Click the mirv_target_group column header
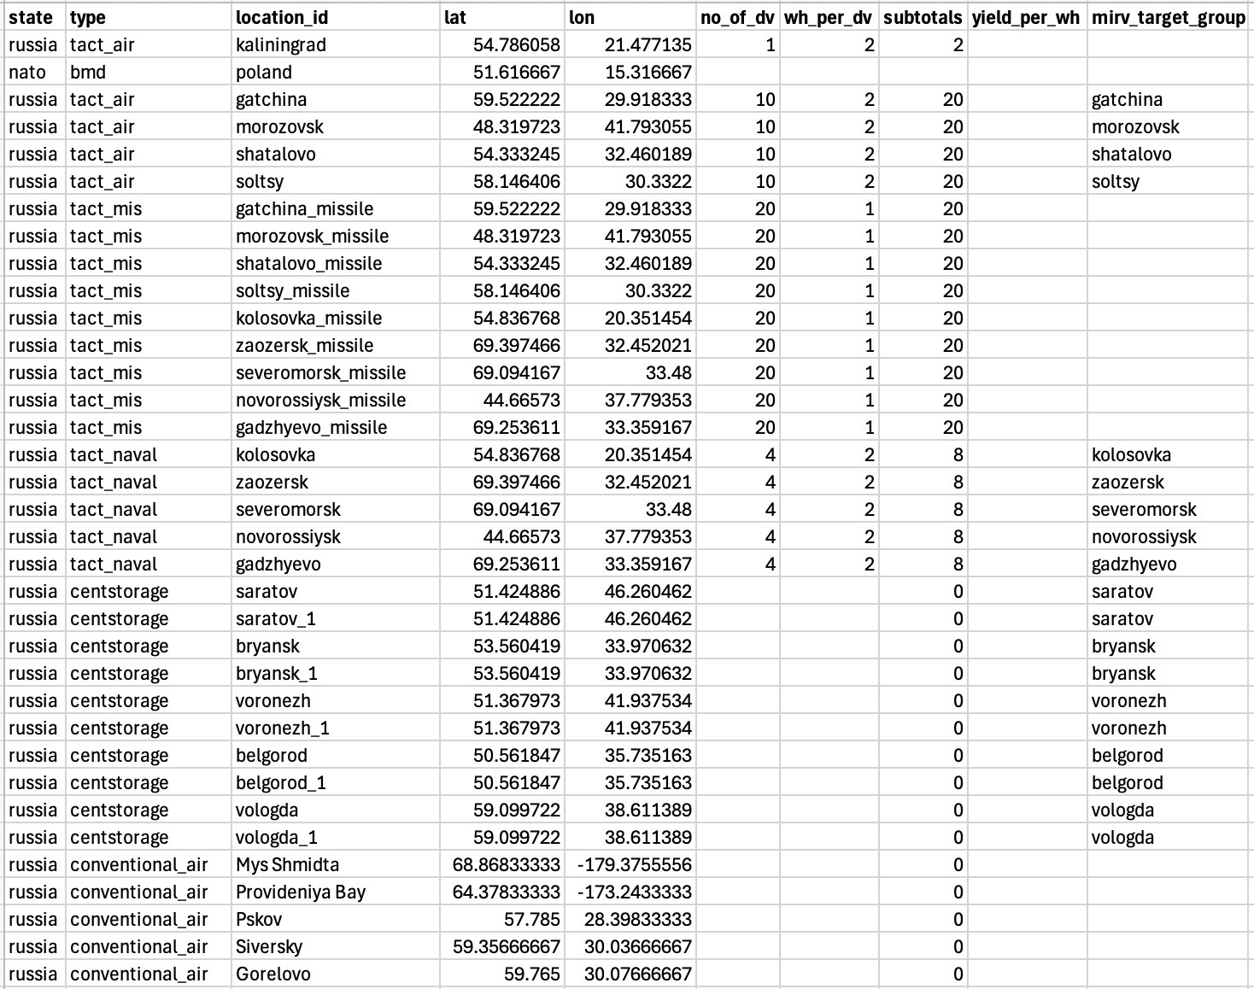point(1168,17)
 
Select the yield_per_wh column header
point(1025,17)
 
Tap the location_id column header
point(281,17)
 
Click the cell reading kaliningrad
point(280,44)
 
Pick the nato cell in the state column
point(27,72)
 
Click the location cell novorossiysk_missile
point(320,400)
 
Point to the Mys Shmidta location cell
point(278,864)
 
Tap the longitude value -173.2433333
point(635,892)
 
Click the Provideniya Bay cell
point(300,892)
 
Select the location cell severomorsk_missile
point(320,372)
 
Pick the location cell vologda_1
point(278,837)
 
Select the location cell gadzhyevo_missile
point(311,427)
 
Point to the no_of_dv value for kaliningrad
point(770,44)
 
